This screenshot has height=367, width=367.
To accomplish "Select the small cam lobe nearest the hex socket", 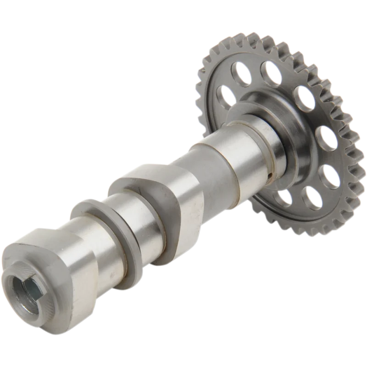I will (69, 257).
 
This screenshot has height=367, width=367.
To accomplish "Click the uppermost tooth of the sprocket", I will (257, 35).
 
